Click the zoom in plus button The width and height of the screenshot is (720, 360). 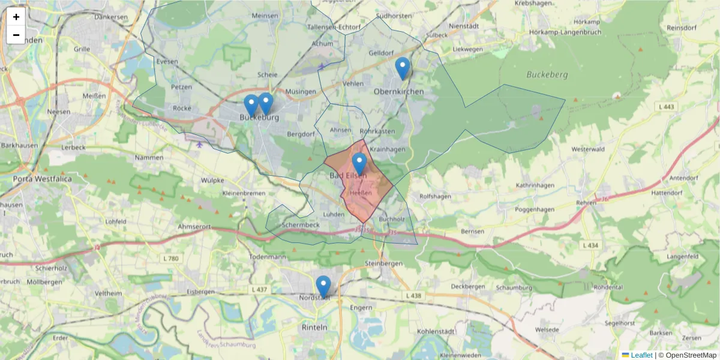(16, 17)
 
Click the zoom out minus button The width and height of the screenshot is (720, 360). (16, 35)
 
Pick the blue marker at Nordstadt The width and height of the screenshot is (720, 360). (323, 286)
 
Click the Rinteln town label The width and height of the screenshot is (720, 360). (314, 328)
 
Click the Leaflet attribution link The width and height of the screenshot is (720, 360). (641, 355)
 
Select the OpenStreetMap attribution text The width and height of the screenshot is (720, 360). (687, 355)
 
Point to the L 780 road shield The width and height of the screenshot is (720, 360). (171, 259)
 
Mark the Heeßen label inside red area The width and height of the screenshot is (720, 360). (361, 193)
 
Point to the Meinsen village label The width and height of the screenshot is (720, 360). (265, 16)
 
